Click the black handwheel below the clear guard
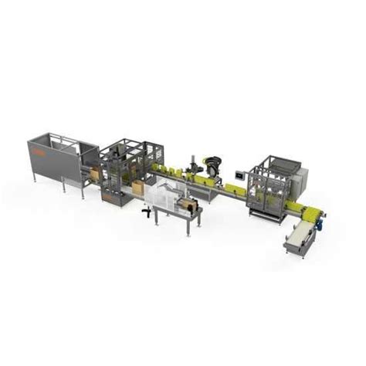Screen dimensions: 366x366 147,210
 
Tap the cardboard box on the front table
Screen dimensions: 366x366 188,205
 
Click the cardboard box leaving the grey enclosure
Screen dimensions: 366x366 94,174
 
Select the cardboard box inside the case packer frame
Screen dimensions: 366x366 137,188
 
